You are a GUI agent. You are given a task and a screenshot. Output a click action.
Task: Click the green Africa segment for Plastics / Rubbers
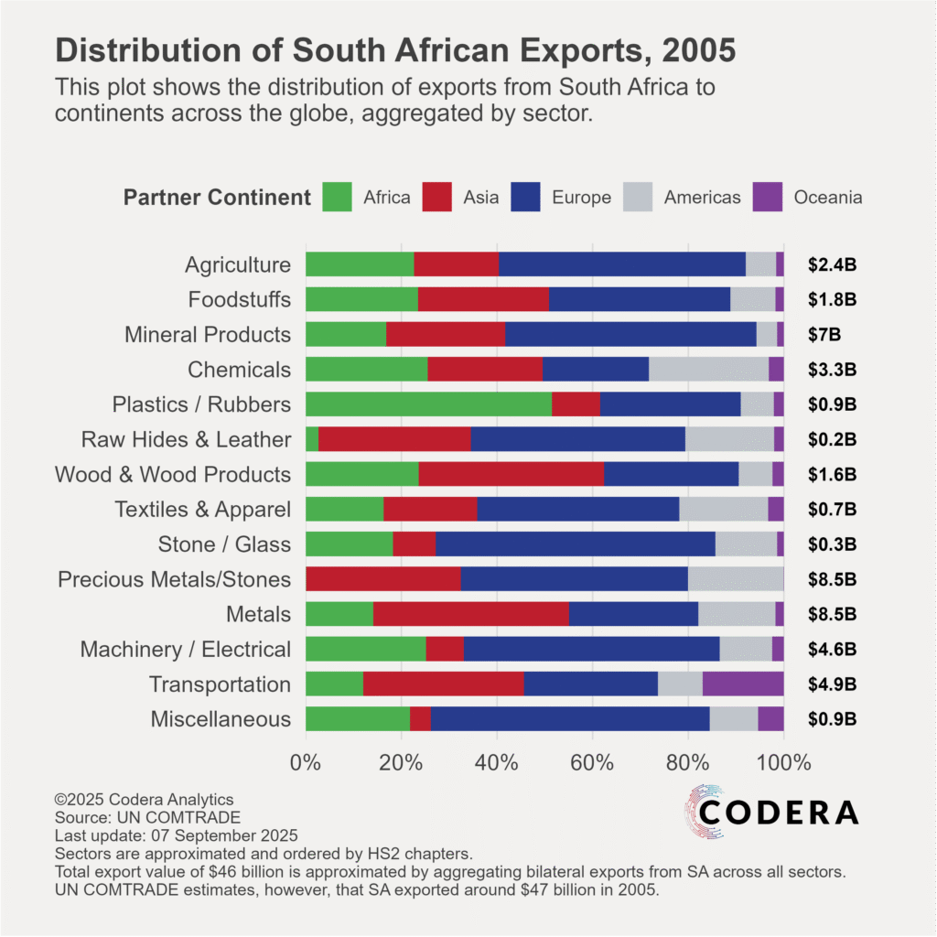(428, 404)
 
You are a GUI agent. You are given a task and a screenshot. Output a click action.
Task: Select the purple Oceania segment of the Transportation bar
(743, 684)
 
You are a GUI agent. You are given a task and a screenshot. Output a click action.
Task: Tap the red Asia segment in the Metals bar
(470, 614)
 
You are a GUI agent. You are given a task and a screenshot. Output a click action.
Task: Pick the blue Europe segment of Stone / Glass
(575, 544)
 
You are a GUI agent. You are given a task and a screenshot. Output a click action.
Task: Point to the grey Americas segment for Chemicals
(708, 370)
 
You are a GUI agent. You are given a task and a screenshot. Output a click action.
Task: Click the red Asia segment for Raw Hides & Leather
(394, 439)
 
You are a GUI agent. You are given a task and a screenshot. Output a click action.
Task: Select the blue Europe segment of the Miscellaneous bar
(569, 719)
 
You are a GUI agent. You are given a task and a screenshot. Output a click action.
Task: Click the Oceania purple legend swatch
(768, 197)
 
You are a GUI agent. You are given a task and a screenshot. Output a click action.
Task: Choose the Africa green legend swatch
(337, 197)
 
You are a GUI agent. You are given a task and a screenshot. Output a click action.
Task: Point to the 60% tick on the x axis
(593, 761)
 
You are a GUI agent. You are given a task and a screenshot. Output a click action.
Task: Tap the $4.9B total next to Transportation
(832, 684)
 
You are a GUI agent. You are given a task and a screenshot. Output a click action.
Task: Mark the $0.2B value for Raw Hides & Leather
(832, 439)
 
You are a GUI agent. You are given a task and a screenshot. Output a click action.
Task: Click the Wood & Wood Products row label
(173, 475)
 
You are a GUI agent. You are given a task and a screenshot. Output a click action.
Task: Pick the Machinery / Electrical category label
(186, 650)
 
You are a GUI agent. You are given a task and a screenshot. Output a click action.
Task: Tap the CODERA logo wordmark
(779, 812)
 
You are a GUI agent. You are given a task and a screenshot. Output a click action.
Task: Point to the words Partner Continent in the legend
(217, 198)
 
